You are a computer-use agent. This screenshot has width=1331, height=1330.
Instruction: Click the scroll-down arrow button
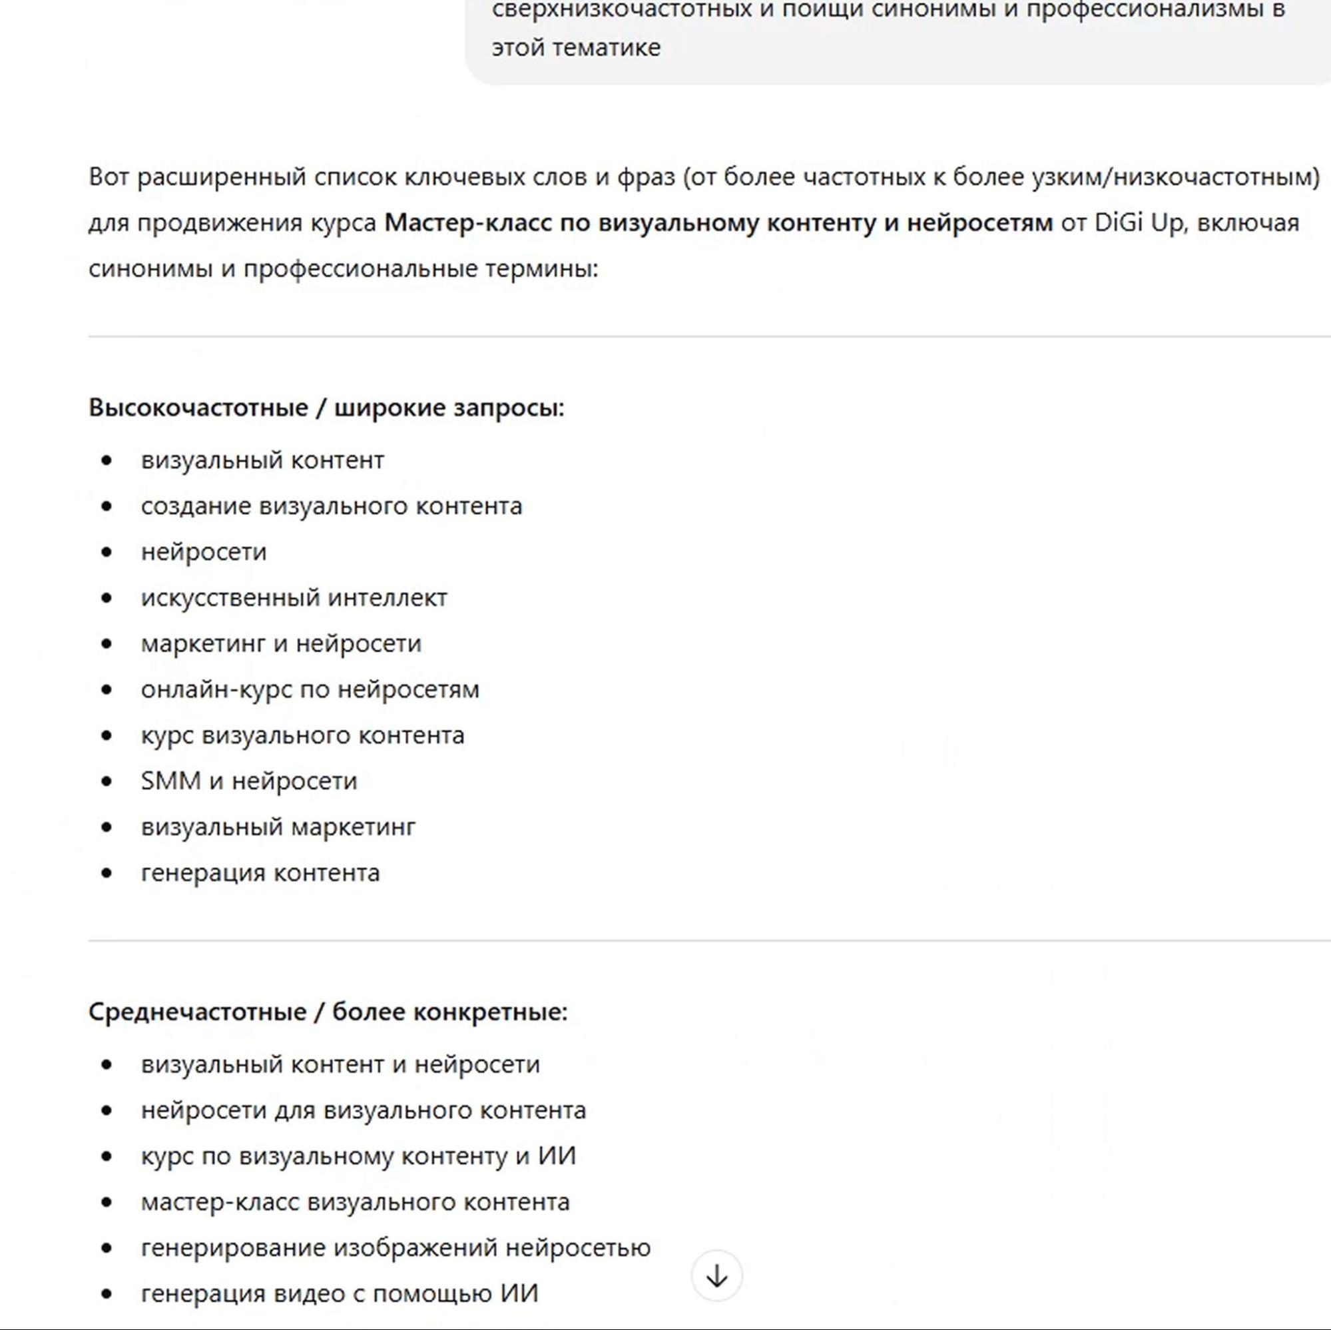(716, 1276)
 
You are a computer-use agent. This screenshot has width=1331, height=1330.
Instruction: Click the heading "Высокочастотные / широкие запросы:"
(326, 408)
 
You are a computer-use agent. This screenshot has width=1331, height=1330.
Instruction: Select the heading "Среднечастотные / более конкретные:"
(328, 1012)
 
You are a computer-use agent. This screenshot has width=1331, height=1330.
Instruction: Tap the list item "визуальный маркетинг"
(278, 827)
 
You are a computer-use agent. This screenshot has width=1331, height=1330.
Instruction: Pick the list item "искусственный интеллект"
(294, 597)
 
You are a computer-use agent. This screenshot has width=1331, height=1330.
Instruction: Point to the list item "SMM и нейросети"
(250, 781)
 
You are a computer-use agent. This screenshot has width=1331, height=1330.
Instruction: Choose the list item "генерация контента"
(260, 872)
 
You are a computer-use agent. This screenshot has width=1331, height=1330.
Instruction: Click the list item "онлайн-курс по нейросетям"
(310, 689)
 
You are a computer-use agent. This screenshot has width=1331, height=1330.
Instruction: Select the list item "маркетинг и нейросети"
(281, 643)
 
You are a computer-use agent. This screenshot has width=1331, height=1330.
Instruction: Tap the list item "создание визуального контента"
(332, 505)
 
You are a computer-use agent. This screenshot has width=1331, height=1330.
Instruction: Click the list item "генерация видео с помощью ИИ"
(340, 1293)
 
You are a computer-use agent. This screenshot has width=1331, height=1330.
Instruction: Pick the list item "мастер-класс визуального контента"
(356, 1202)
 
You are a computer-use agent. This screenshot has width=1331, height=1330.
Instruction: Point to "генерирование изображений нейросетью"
(396, 1247)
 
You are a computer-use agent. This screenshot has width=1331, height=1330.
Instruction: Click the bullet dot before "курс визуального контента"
(106, 735)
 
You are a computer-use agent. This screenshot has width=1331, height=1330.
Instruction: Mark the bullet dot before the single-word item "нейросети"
(106, 552)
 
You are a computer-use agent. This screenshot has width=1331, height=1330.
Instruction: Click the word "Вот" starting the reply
(109, 177)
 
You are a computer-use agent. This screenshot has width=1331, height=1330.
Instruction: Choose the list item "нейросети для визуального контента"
(364, 1110)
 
